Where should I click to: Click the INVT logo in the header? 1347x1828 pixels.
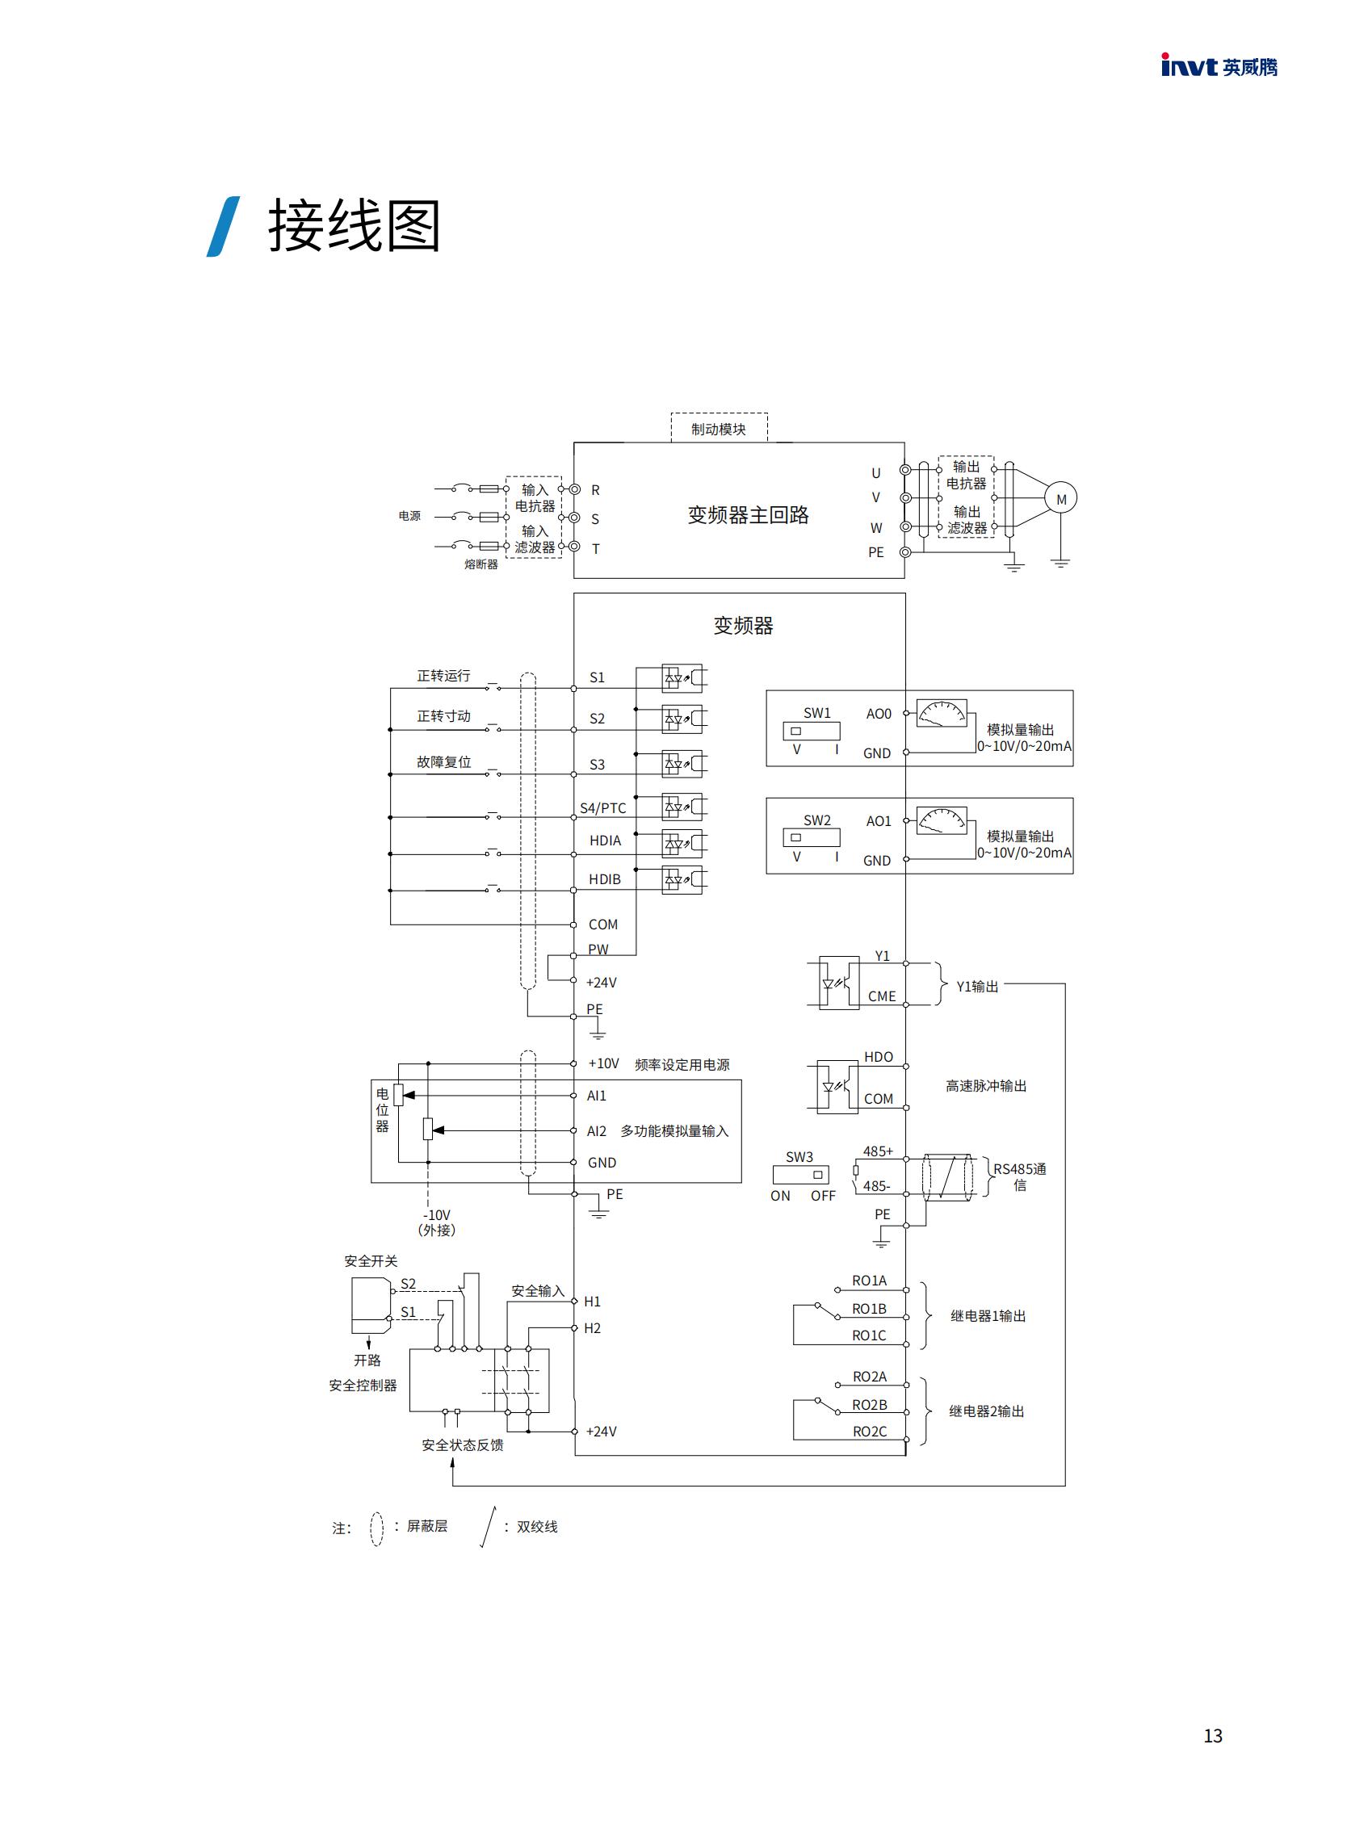(1218, 66)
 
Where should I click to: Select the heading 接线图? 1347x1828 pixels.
(354, 227)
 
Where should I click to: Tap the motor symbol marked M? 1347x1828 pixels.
(1061, 499)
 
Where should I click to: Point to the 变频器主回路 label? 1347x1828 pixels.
(748, 515)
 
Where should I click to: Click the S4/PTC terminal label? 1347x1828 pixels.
(602, 808)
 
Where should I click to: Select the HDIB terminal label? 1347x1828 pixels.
(604, 879)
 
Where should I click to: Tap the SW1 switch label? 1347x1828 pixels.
(816, 713)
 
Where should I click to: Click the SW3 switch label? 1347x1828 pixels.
(799, 1157)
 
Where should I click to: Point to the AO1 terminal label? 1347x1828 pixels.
(878, 821)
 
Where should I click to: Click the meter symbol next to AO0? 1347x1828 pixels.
(942, 713)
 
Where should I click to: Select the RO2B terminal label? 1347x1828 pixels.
(869, 1405)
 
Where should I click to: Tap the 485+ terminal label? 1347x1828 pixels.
(877, 1151)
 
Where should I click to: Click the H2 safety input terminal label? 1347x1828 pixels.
(592, 1328)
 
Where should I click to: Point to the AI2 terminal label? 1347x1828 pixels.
(596, 1131)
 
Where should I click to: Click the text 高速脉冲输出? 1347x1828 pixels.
(986, 1086)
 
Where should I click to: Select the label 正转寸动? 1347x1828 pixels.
(443, 716)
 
